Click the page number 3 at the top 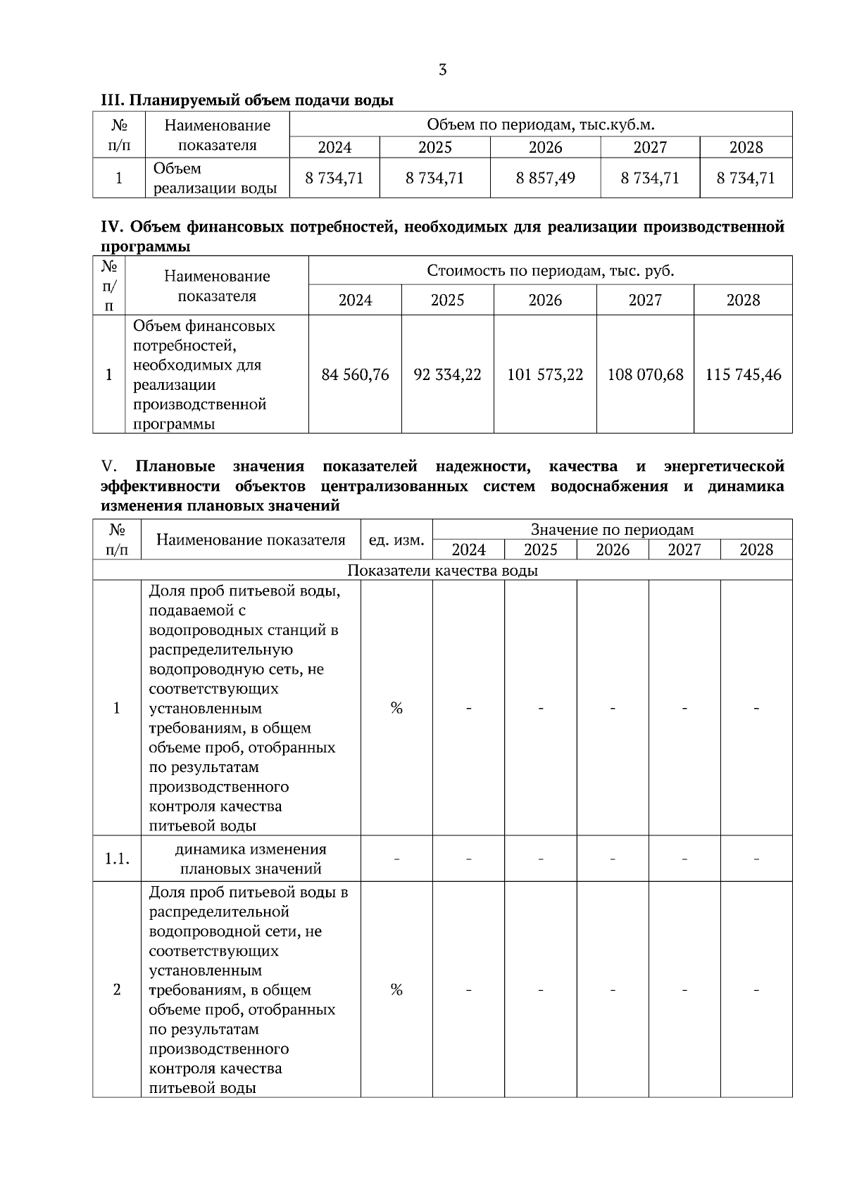442,70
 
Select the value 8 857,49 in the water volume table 545,178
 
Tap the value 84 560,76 355,374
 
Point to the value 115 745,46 743,374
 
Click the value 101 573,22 545,374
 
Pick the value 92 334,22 447,374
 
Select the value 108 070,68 645,374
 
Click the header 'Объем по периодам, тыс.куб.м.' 541,125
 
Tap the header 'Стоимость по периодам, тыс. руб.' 550,271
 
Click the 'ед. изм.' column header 396,540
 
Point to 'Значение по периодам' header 612,530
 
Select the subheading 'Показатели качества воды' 442,570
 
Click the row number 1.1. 117,859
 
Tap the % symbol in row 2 396,990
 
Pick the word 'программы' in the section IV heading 145,246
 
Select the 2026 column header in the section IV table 545,301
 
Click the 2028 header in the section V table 756,550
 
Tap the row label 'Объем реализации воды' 215,178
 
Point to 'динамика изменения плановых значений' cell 251,859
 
